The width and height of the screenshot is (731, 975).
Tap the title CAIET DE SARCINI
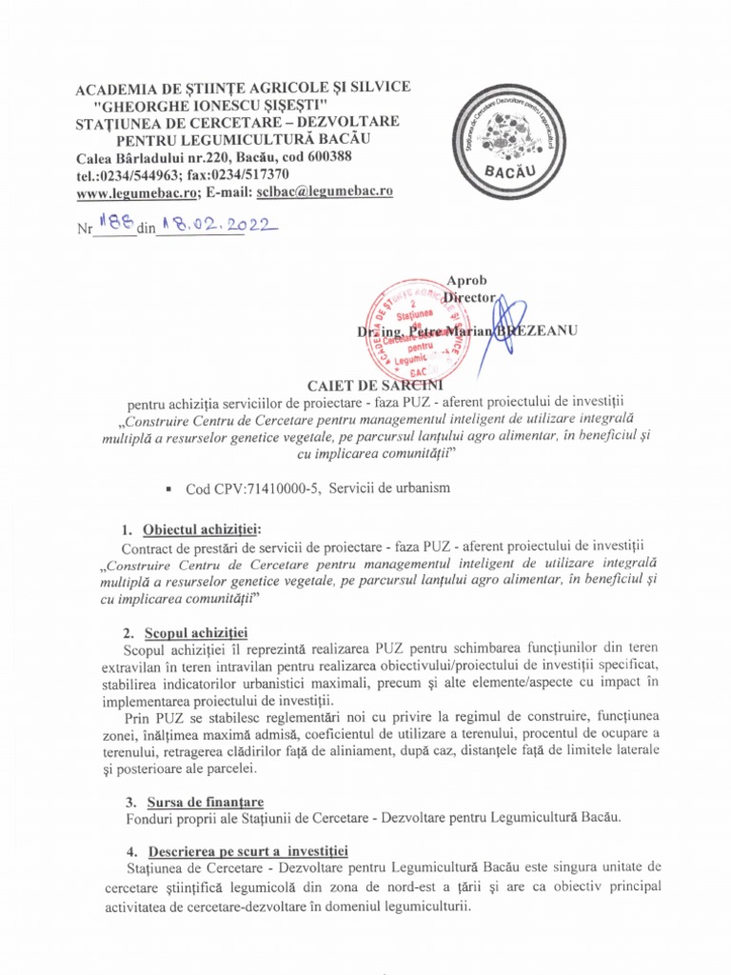click(x=366, y=384)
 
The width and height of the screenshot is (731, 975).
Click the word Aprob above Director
click(x=466, y=280)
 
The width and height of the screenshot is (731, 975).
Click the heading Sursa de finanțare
click(x=205, y=802)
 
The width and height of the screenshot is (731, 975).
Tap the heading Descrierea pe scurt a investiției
click(x=245, y=849)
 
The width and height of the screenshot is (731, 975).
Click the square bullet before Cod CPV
click(x=168, y=488)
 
